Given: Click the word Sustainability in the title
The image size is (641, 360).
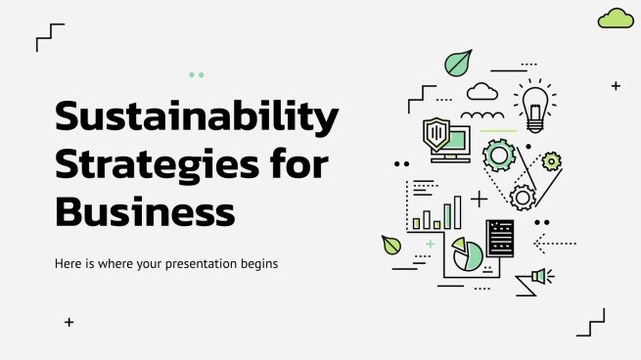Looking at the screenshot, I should [196, 118].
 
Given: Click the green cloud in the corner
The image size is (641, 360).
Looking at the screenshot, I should [616, 18].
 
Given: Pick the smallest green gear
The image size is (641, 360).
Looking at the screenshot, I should [552, 161].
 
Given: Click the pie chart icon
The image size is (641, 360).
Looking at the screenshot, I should [467, 257].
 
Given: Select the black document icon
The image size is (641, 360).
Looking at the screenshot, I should [500, 238].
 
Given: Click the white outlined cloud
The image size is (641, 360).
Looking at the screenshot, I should [481, 93].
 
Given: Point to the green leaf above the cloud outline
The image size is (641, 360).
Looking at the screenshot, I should [457, 64].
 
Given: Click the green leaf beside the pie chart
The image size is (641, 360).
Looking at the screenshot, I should [391, 245].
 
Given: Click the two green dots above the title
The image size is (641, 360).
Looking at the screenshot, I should [196, 74].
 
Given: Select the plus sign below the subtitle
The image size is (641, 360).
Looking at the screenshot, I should [69, 321].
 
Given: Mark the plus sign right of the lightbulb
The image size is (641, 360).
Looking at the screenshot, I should [616, 86].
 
